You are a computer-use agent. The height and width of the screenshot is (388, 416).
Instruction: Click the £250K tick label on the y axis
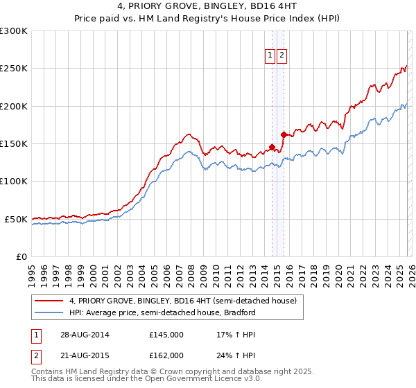[x=13, y=69]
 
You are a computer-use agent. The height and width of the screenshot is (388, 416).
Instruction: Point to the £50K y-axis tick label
[x=15, y=219]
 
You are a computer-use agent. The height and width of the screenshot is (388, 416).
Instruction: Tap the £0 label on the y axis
[x=20, y=256]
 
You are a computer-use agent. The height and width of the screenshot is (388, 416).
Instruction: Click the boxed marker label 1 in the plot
[x=270, y=57]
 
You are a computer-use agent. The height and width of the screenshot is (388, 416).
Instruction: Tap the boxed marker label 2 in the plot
[x=282, y=57]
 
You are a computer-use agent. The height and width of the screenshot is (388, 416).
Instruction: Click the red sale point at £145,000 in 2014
[x=272, y=147]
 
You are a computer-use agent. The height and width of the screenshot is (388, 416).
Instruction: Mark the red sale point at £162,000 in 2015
[x=284, y=134]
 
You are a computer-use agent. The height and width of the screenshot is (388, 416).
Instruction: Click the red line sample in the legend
[x=49, y=301]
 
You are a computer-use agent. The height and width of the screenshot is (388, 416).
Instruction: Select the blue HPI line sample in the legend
[x=49, y=312]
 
